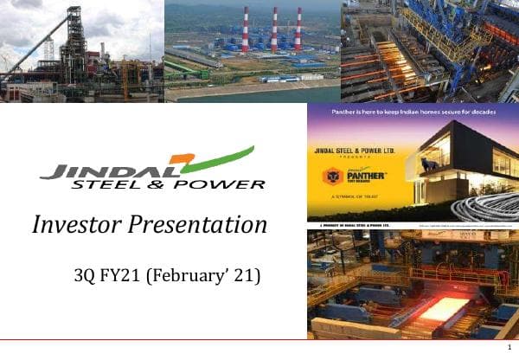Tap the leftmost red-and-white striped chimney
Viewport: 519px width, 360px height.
click(245, 30)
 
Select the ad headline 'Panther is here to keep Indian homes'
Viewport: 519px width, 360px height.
click(412, 113)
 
